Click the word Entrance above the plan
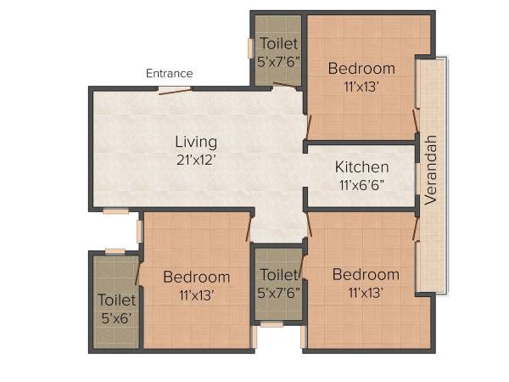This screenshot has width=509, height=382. tap(169, 74)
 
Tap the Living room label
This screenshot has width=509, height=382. tap(196, 142)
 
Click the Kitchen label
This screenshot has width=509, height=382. tap(361, 166)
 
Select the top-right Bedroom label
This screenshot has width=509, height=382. tap(361, 68)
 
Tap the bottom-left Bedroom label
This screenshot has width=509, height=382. tap(196, 277)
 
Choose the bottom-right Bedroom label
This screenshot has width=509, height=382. tap(366, 274)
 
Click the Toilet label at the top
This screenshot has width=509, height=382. tap(278, 44)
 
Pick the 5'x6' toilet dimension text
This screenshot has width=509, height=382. tap(115, 317)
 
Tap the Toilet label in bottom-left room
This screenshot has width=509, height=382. tap(115, 300)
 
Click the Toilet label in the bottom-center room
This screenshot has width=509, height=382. tap(278, 275)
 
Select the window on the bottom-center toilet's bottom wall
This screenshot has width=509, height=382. tap(271, 324)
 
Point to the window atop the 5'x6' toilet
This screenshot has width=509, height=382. tap(115, 251)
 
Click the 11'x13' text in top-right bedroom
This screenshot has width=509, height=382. tap(361, 85)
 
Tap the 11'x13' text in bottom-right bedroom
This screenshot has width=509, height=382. tap(366, 292)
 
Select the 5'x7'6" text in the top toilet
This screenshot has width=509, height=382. tap(278, 61)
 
